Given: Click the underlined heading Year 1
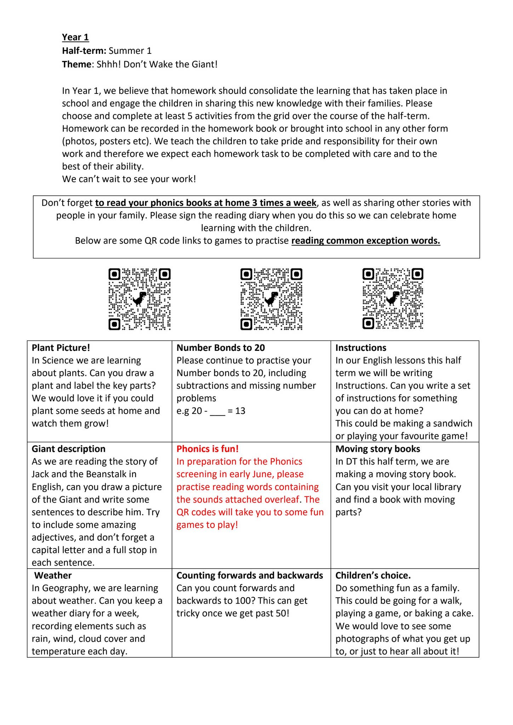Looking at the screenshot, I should click(x=75, y=37).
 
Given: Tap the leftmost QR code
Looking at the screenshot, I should click(x=139, y=299).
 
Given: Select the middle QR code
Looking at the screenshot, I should click(x=271, y=299).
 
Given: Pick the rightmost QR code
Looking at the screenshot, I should click(x=393, y=299).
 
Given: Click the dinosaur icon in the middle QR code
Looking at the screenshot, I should click(x=272, y=298).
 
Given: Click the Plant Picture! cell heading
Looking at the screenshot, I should click(x=61, y=348).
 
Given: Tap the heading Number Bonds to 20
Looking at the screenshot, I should click(x=221, y=348).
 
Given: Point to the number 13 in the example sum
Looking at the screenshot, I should click(x=240, y=411).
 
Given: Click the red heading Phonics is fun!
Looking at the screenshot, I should click(x=207, y=449).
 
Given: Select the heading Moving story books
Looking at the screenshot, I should click(x=377, y=449).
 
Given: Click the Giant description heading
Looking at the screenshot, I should click(x=68, y=449).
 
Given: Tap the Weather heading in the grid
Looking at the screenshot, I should click(x=53, y=575).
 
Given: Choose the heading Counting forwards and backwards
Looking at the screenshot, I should click(x=250, y=575).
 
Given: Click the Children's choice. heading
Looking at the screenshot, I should click(x=373, y=575).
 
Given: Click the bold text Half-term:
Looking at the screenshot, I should click(x=84, y=51).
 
